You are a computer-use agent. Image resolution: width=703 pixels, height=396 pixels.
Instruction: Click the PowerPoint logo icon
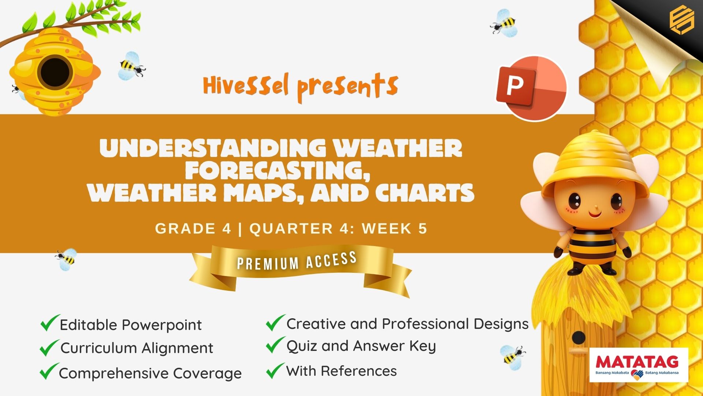coord(531,88)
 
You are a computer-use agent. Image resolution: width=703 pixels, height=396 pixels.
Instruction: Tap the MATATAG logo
coord(639,365)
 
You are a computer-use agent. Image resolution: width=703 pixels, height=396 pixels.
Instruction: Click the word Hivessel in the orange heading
coord(246,85)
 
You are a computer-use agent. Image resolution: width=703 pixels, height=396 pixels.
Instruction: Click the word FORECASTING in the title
coord(278,170)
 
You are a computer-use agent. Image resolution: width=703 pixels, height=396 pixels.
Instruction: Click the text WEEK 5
coord(395,228)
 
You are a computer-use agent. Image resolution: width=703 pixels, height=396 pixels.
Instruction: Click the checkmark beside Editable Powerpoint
coord(50,323)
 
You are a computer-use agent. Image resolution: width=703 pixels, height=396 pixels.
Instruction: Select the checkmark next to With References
coord(275,370)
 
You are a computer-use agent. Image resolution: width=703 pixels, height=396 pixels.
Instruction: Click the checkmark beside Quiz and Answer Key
coord(275,345)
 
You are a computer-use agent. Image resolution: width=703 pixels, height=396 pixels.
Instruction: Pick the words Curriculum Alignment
coord(137,348)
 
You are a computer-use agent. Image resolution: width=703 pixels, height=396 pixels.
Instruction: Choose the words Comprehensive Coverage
coord(150,373)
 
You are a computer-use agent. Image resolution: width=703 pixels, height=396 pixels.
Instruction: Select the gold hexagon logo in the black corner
coord(681,21)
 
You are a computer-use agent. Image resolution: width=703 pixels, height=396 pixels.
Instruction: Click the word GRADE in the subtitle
coord(185,228)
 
